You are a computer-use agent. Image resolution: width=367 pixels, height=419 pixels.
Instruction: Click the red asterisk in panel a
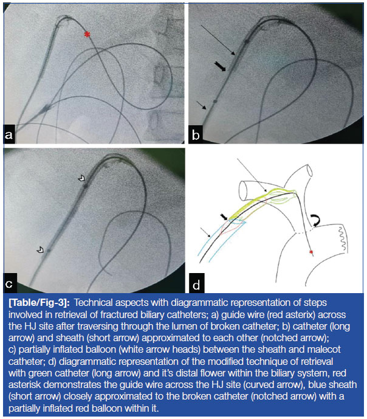coord(87,34)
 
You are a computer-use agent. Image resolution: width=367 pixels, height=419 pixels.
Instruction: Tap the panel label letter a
coord(9,134)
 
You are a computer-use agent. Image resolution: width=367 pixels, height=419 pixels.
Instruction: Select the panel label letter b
coord(196,135)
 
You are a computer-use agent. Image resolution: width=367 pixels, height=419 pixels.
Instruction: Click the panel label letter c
coord(9,284)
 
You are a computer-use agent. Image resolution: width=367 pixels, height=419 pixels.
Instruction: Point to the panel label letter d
coord(196,285)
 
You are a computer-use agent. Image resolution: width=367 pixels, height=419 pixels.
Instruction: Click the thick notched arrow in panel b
coord(220,66)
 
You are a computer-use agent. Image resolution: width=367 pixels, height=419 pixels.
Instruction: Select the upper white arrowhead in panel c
coord(81,178)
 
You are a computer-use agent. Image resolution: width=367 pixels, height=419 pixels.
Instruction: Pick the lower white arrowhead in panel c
coord(40,249)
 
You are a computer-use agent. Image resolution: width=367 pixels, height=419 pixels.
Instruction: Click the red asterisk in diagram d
coord(311,252)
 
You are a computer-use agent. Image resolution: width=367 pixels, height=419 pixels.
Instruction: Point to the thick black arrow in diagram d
coord(224,217)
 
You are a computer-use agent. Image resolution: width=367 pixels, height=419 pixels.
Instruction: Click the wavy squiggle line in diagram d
coord(343,238)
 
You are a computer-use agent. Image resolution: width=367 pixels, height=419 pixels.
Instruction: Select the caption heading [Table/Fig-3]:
coord(39,302)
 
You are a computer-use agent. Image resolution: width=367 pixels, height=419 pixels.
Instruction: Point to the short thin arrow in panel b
coord(201,105)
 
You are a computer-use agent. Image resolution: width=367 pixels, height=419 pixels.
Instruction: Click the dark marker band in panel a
coord(46,108)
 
